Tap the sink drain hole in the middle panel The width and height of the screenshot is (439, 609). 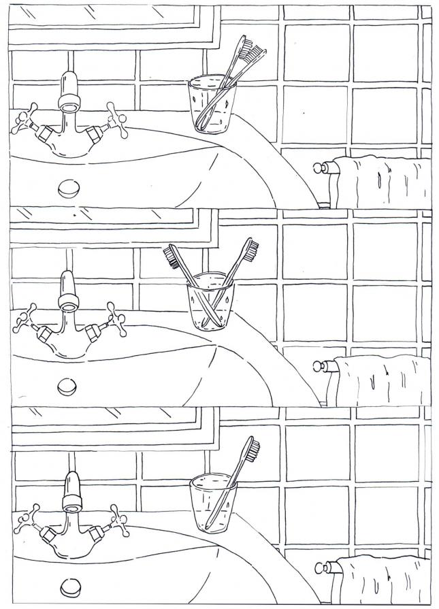68,386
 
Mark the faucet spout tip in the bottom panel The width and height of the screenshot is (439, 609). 72,504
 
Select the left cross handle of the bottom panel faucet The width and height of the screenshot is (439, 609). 29,519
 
